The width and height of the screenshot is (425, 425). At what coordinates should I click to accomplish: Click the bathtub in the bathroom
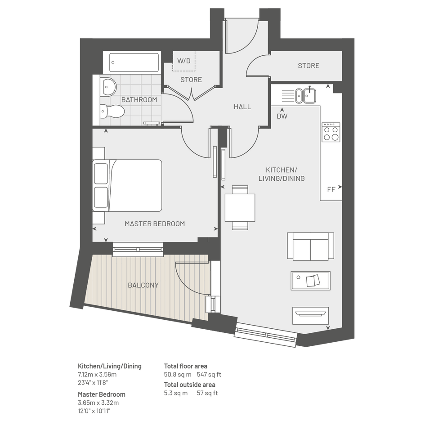click(x=134, y=63)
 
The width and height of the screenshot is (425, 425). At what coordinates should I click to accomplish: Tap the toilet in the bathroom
click(x=112, y=112)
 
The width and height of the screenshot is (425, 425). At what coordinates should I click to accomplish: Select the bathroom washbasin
click(x=108, y=87)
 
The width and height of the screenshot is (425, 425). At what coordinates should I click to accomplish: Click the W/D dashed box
click(x=184, y=61)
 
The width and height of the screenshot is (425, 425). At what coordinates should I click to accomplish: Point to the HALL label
click(x=242, y=107)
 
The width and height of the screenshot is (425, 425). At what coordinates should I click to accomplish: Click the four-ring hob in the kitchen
click(x=331, y=132)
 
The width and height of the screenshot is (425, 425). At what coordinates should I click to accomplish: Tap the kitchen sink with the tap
click(x=310, y=95)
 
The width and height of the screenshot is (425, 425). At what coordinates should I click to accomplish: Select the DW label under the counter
click(x=282, y=116)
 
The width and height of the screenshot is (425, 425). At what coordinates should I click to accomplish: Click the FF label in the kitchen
click(x=331, y=189)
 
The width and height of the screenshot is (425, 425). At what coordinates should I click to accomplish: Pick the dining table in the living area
click(x=240, y=208)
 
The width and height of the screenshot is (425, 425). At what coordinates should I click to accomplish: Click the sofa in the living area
click(x=311, y=246)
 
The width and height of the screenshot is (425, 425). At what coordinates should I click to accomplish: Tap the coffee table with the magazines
click(x=311, y=281)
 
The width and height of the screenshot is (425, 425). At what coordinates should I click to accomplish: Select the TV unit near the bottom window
click(x=311, y=316)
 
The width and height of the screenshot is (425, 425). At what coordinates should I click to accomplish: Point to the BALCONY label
click(x=143, y=285)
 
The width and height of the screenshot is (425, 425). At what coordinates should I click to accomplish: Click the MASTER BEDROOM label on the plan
click(x=155, y=224)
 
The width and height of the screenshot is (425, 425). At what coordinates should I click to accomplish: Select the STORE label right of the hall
click(x=309, y=66)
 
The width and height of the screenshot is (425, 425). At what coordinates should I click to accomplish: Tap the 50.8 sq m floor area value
click(x=178, y=375)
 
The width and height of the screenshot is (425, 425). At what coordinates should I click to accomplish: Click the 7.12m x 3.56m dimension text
click(x=97, y=375)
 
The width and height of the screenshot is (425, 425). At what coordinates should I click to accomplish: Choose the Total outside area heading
click(x=190, y=385)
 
